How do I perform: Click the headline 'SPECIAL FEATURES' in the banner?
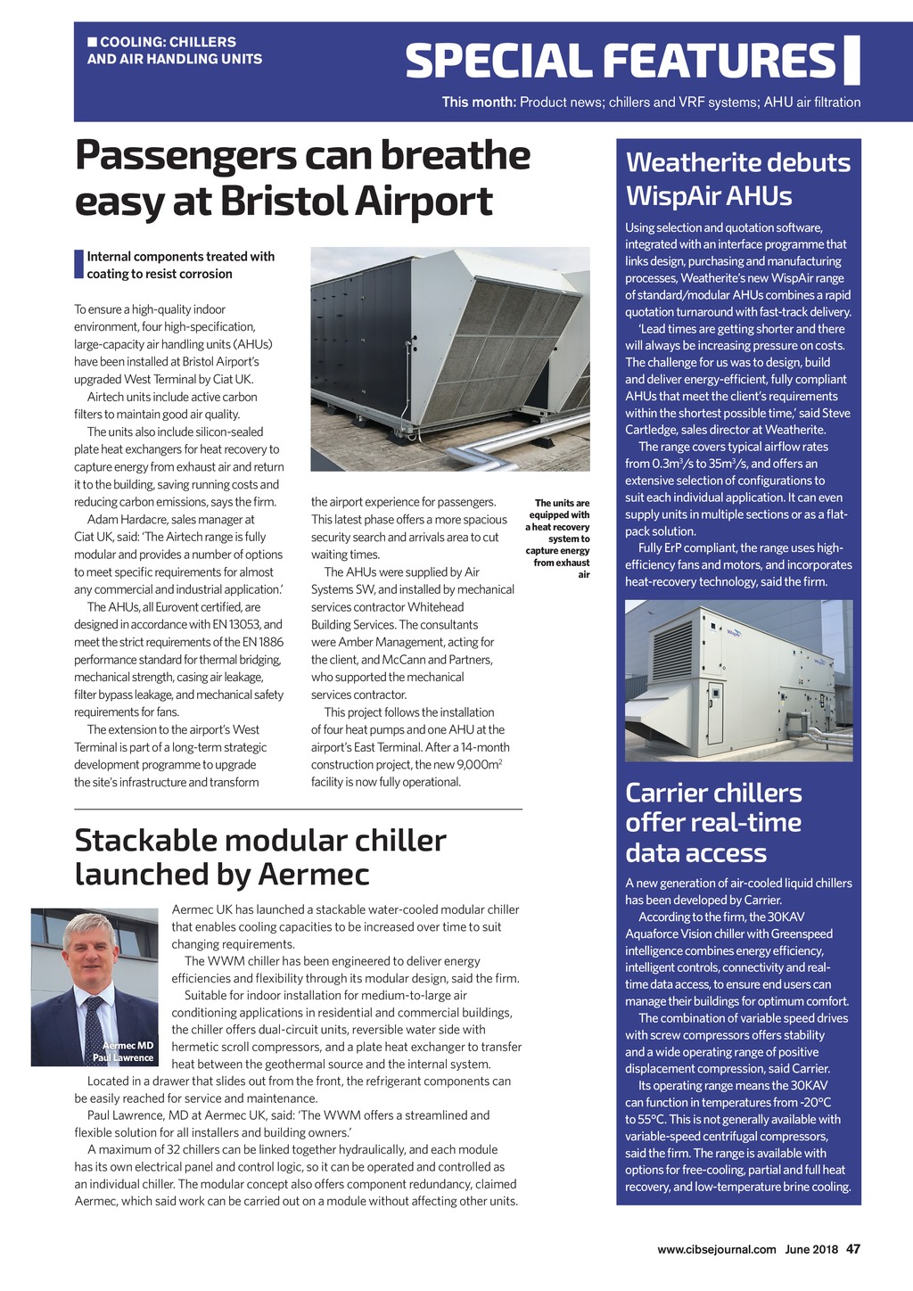[x=621, y=61]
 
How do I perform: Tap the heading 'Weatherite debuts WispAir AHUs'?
[x=737, y=178]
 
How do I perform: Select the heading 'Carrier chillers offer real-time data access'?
[x=713, y=822]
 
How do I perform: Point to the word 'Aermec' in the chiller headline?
[x=313, y=874]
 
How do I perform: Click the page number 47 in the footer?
[x=853, y=1249]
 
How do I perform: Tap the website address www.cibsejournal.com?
[x=716, y=1249]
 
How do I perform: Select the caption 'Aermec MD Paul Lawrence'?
[x=127, y=1051]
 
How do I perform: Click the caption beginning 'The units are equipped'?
[x=559, y=539]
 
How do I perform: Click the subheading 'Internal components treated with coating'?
[x=180, y=265]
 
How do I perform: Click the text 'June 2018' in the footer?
[x=811, y=1249]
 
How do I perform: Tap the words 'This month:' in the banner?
[x=479, y=102]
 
